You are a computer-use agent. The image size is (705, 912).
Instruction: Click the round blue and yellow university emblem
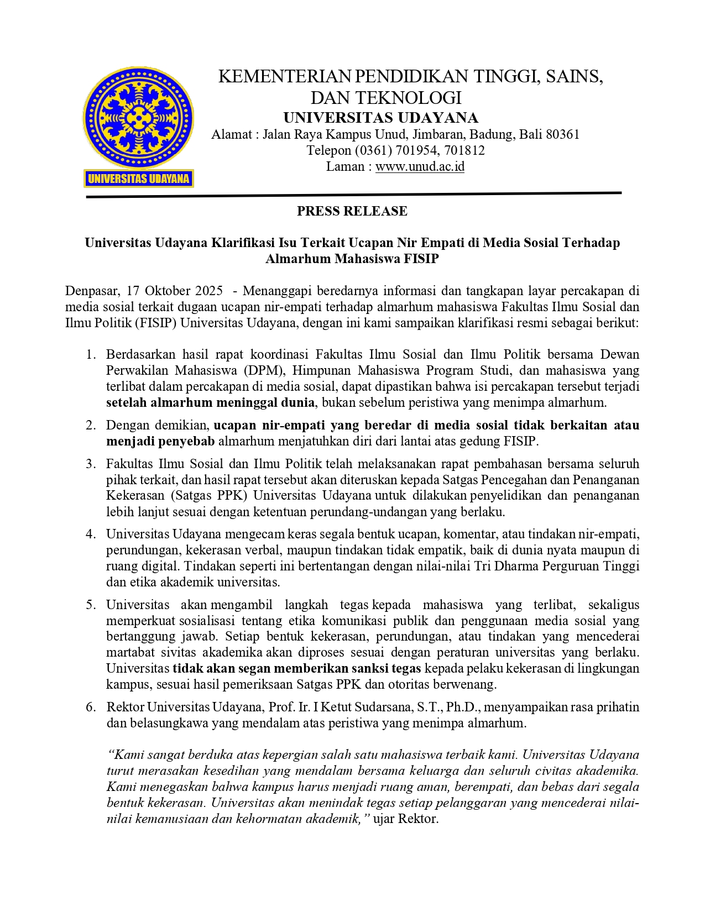point(138,118)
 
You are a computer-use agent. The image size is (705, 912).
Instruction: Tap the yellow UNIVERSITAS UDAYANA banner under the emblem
point(139,179)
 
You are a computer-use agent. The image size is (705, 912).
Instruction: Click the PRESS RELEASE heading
point(352,211)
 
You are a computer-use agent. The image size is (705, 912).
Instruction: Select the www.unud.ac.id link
point(420,166)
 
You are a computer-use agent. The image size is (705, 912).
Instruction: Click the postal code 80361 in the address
point(562,134)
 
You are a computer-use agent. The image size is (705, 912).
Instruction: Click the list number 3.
point(91,464)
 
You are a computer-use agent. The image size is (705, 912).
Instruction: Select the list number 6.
point(91,707)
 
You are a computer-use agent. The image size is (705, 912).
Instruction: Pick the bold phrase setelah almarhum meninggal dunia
point(210,402)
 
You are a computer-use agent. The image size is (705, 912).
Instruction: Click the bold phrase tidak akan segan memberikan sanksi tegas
point(297,668)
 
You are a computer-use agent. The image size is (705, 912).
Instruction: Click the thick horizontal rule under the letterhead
point(354,195)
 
